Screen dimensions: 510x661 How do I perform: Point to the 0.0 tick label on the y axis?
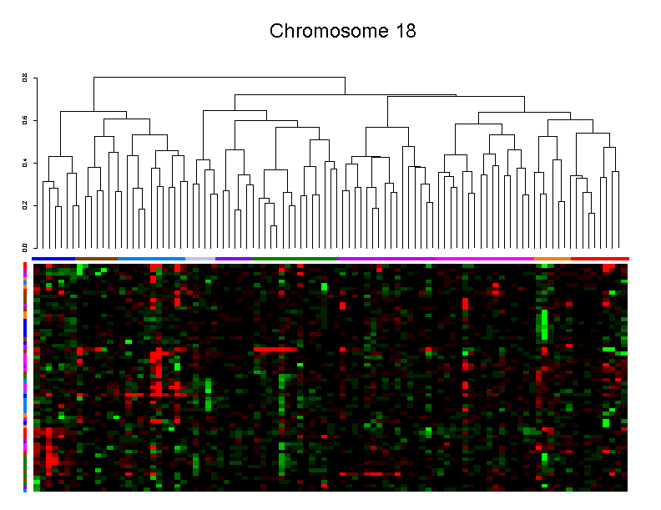click(25, 247)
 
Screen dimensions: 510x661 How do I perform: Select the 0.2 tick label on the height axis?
click(25, 205)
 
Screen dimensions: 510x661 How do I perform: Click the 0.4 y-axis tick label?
click(25, 162)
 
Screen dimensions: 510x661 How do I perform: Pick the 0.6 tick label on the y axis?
click(25, 119)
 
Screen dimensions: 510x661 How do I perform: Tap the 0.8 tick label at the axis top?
click(25, 78)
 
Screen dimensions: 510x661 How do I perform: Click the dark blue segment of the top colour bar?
click(53, 259)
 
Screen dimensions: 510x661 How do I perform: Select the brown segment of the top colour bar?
click(96, 259)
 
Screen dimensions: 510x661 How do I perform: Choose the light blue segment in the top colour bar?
click(151, 259)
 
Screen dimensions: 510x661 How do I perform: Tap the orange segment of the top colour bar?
click(553, 259)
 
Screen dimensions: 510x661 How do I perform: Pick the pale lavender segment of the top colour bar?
click(200, 259)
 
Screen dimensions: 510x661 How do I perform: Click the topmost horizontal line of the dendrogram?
click(219, 77)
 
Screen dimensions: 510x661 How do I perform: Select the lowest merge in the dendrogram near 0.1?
click(274, 225)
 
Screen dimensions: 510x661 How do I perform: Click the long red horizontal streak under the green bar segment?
click(275, 350)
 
